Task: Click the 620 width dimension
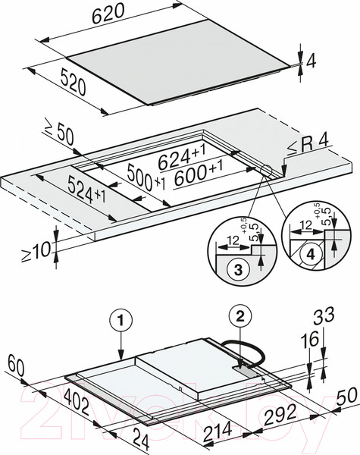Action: [108, 14]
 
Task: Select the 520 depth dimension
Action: [74, 82]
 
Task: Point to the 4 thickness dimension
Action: [311, 61]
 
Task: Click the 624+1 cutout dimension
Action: [182, 157]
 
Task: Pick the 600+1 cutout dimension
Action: [199, 174]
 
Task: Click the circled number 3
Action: [238, 270]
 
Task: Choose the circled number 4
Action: [311, 255]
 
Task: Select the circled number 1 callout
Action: [121, 321]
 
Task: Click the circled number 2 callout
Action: [240, 318]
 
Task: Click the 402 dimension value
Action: [77, 402]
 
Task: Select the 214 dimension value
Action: [218, 432]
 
